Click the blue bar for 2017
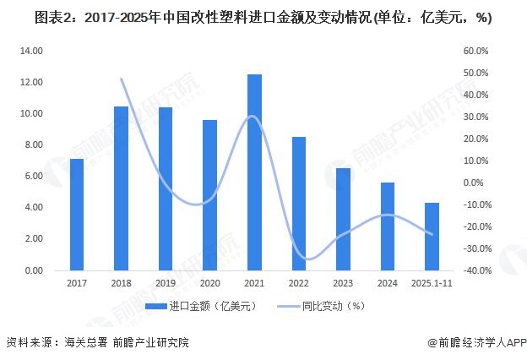77,215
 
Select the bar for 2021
254,172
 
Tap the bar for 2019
166,188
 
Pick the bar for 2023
342,219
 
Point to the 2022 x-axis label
298,284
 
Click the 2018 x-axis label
121,284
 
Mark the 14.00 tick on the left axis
30,51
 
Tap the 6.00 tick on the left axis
32,176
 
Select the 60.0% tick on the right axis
476,51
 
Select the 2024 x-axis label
387,284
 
